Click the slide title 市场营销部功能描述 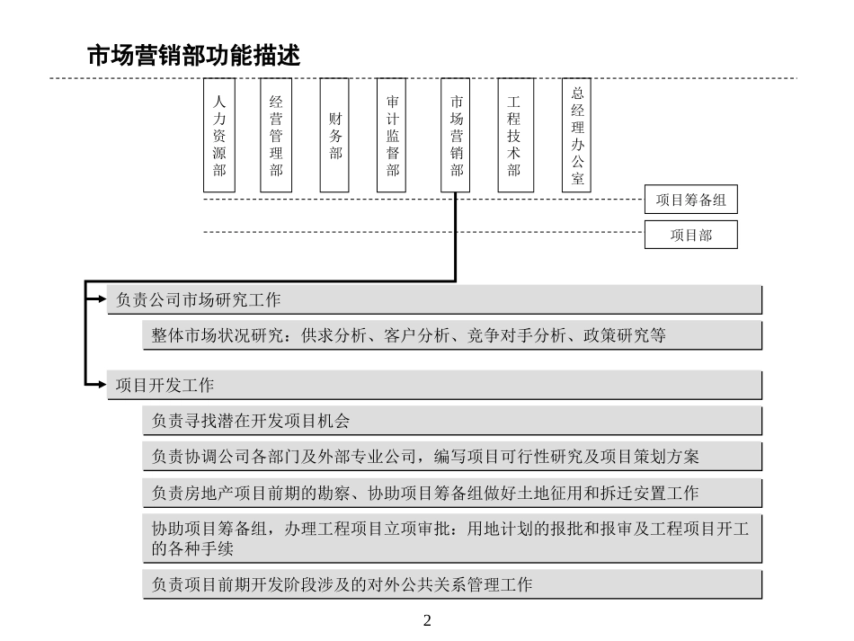(x=192, y=56)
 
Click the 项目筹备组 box (x=690, y=200)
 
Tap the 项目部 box (x=690, y=235)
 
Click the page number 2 (x=427, y=620)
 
